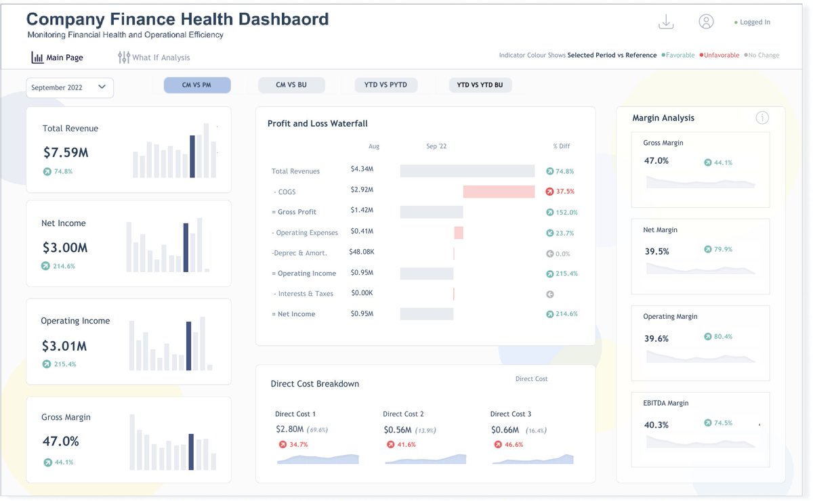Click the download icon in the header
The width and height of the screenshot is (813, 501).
pyautogui.click(x=666, y=22)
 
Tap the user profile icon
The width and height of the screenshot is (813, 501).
pyautogui.click(x=706, y=22)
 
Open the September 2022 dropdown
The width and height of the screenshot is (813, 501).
pyautogui.click(x=70, y=87)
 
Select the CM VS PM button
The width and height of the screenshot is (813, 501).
pyautogui.click(x=196, y=85)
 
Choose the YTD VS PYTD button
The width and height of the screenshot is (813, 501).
pyautogui.click(x=385, y=85)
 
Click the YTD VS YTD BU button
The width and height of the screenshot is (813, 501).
pyautogui.click(x=480, y=85)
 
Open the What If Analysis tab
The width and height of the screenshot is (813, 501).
pyautogui.click(x=154, y=58)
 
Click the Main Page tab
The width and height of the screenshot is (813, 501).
pyautogui.click(x=58, y=58)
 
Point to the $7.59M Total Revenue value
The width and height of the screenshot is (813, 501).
pyautogui.click(x=66, y=152)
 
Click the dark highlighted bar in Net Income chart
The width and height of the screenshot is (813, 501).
pyautogui.click(x=186, y=248)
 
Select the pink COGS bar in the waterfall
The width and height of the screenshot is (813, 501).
pyautogui.click(x=499, y=192)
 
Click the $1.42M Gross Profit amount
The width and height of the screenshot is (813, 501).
pyautogui.click(x=362, y=211)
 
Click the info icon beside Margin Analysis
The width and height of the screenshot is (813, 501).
pyautogui.click(x=762, y=118)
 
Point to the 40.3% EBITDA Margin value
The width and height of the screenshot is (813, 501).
pyautogui.click(x=656, y=425)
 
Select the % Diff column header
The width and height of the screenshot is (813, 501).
pyautogui.click(x=561, y=146)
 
